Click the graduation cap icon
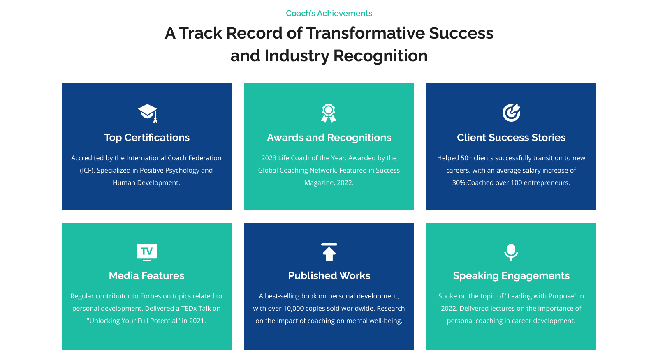coord(148,113)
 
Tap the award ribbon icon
coord(329,113)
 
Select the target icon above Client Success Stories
coord(511,113)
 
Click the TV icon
coord(146,252)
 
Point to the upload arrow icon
coord(329,252)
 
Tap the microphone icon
coord(511,252)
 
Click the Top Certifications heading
coord(146,137)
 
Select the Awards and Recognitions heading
coord(329,137)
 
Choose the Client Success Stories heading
coord(511,137)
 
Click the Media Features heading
coord(146,275)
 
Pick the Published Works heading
coord(329,275)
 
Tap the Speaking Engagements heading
coord(511,276)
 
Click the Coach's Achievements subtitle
coord(329,13)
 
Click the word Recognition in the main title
coord(380,56)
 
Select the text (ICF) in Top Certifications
coord(87,170)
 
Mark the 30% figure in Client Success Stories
coord(459,182)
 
